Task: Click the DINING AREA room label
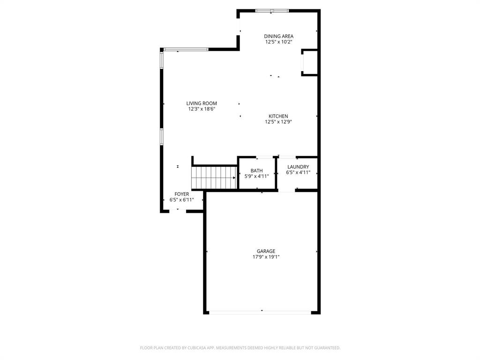coord(278,36)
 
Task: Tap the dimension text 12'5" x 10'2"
coord(278,42)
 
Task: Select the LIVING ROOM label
coord(202,104)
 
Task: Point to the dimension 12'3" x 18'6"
coord(202,109)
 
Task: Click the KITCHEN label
coord(278,116)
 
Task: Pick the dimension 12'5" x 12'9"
coord(278,122)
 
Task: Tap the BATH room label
coord(256,171)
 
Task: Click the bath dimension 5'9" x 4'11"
coord(256,177)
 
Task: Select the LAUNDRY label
coord(298,167)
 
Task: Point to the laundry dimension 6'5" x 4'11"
coord(298,172)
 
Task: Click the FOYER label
coord(181,194)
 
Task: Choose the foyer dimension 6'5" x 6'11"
coord(181,200)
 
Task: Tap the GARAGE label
coord(266,251)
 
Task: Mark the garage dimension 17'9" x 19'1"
coord(266,257)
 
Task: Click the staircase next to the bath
coord(214,178)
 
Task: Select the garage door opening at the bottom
coord(262,312)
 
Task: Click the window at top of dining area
coord(272,10)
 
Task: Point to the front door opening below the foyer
coord(178,211)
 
